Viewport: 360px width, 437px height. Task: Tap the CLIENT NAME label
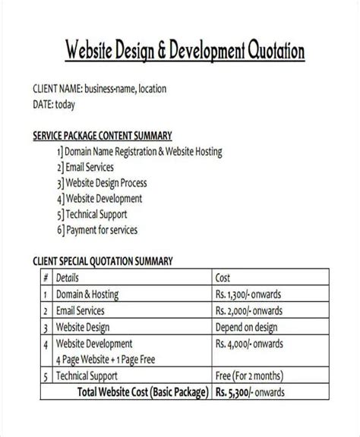pos(57,89)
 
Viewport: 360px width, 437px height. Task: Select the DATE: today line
pos(58,104)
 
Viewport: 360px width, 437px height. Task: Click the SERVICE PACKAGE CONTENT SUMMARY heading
pos(103,137)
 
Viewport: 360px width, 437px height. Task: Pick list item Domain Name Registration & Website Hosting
pos(143,152)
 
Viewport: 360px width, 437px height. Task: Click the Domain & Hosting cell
pos(87,294)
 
